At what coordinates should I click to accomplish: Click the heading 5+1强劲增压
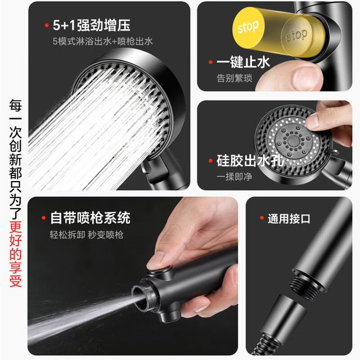(x=92, y=25)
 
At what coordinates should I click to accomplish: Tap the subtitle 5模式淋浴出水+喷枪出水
(x=102, y=41)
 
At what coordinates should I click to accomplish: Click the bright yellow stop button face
(x=249, y=28)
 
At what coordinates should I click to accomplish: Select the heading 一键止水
(x=243, y=62)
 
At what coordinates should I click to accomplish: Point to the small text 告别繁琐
(x=235, y=78)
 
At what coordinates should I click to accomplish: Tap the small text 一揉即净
(x=235, y=177)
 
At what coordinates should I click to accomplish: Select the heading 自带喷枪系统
(x=90, y=218)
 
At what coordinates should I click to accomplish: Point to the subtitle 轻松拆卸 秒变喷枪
(x=87, y=235)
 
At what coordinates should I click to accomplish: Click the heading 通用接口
(x=289, y=219)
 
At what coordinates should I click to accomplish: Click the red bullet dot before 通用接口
(x=262, y=218)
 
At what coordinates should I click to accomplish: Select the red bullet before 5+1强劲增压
(x=47, y=25)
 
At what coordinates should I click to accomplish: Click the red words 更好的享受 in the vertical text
(x=15, y=254)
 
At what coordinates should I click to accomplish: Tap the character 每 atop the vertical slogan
(x=15, y=105)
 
